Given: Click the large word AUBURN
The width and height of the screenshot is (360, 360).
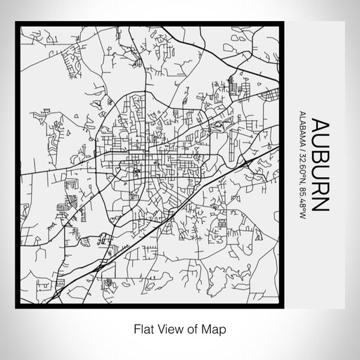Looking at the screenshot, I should [x=320, y=165].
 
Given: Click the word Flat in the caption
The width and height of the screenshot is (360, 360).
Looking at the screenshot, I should [x=143, y=328].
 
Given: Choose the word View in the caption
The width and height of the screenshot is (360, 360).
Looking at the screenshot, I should [x=169, y=328].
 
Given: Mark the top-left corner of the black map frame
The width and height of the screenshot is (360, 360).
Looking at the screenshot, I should [x=17, y=25].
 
